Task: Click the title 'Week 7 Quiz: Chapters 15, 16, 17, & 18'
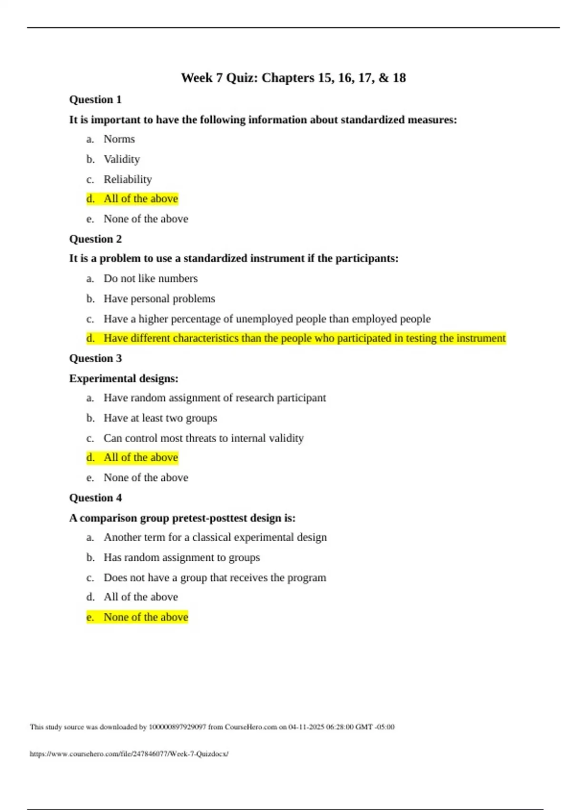tap(293, 78)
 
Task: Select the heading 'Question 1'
tap(95, 100)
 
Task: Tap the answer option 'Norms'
tap(119, 139)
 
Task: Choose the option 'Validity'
tap(122, 159)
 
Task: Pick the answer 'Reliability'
tap(128, 179)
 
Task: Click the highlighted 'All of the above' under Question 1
tap(140, 199)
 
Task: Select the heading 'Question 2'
tap(95, 239)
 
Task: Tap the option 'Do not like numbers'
tap(150, 278)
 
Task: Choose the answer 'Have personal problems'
tap(159, 299)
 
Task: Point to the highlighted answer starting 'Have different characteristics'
tap(305, 338)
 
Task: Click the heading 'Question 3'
tap(95, 358)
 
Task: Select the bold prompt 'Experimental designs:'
tap(124, 378)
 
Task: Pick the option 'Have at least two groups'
tap(160, 418)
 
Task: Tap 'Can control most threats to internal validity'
tap(203, 438)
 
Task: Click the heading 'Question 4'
tap(95, 498)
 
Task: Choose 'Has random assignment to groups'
tap(182, 557)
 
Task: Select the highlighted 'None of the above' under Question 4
tap(146, 617)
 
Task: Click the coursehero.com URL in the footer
tap(129, 754)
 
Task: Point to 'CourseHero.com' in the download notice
tap(251, 727)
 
